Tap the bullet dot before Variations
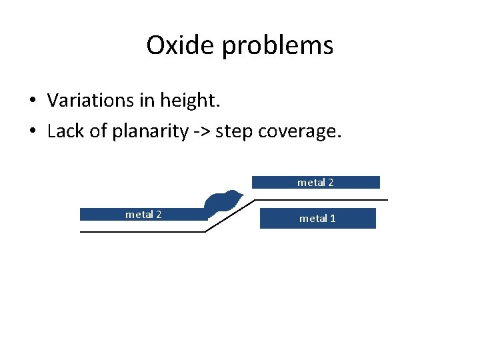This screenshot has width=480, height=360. tap(32, 101)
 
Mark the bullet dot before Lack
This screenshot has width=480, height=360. tap(32, 131)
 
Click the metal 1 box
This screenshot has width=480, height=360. tap(317, 219)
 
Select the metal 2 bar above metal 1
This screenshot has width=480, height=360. tap(315, 182)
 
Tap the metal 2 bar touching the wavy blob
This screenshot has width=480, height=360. tap(143, 215)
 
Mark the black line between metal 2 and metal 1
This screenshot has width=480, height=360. tap(320, 199)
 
